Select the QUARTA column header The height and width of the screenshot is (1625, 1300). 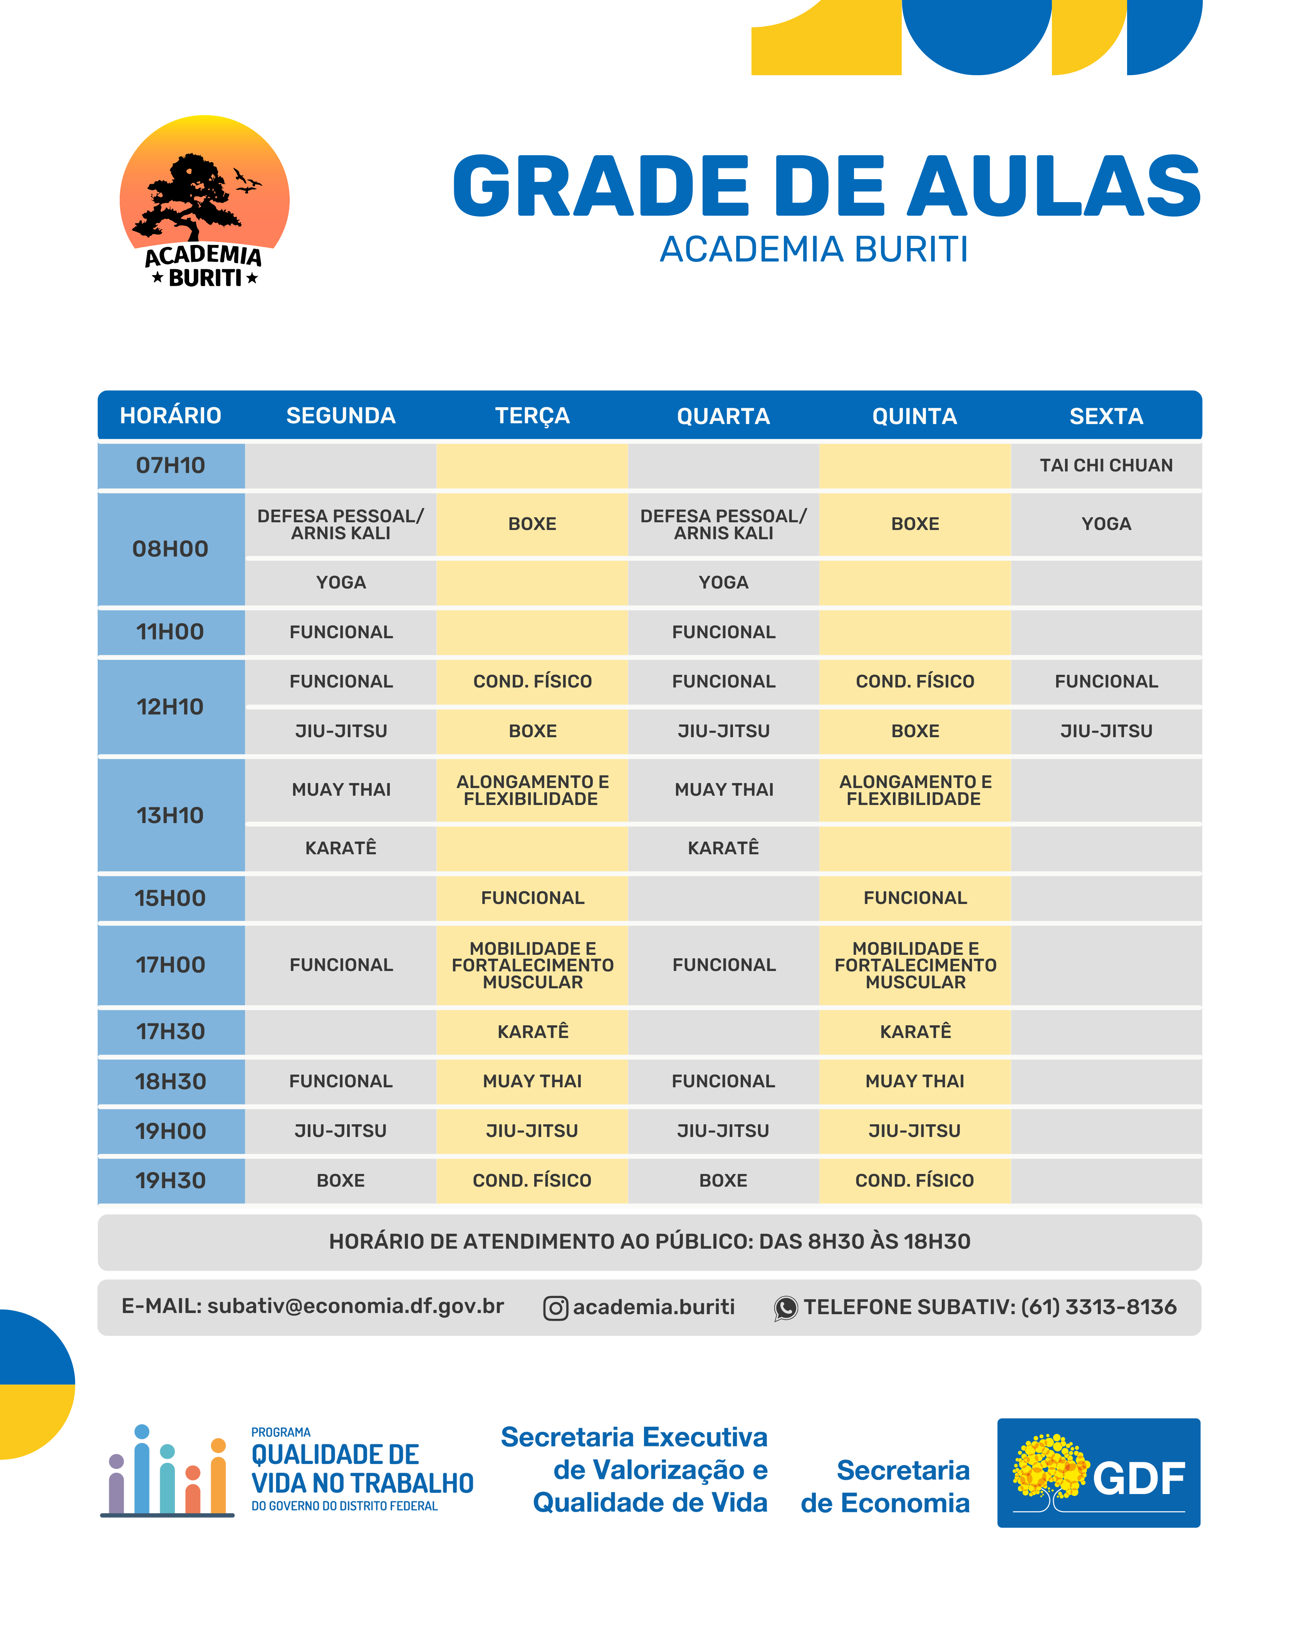(723, 416)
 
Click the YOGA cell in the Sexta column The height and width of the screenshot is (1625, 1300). (1105, 524)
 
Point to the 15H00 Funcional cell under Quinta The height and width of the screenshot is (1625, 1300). (915, 898)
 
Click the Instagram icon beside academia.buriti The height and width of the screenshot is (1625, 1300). (555, 1308)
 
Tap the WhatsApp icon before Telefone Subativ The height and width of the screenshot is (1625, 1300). (785, 1308)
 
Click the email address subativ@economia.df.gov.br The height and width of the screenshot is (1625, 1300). (355, 1306)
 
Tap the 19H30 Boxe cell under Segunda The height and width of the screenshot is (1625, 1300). (341, 1180)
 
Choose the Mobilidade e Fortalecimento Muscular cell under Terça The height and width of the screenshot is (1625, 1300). (532, 965)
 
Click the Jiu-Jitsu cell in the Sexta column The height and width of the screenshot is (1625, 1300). (1105, 731)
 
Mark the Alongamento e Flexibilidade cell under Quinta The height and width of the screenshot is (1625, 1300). (915, 790)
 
